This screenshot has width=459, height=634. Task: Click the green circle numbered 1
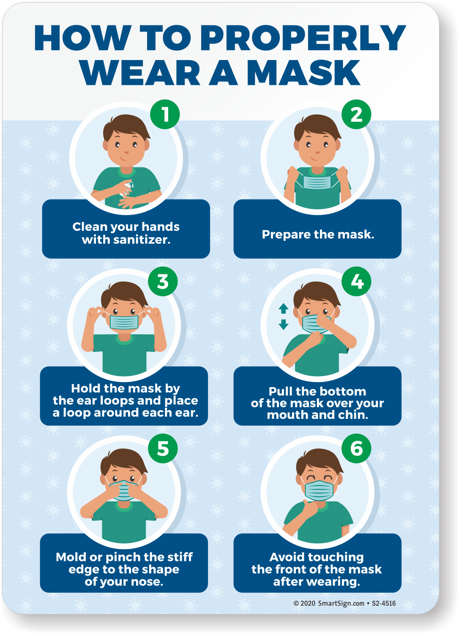[x=165, y=115]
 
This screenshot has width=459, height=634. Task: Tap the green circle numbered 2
[x=356, y=115]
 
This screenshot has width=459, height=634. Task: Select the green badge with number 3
[x=163, y=281]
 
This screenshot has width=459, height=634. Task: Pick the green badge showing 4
[x=356, y=281]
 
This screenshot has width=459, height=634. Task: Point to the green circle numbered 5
[x=163, y=448]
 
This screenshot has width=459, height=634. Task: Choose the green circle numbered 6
[x=356, y=448]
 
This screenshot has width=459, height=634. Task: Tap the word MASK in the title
[x=303, y=72]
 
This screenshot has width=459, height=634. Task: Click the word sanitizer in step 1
[x=142, y=240]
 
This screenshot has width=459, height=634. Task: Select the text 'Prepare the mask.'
[x=318, y=234]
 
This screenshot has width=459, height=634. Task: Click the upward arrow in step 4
[x=283, y=308]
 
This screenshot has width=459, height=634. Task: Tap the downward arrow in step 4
[x=283, y=324]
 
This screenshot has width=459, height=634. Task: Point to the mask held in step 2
[x=317, y=182]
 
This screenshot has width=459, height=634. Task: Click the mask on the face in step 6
[x=319, y=490]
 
